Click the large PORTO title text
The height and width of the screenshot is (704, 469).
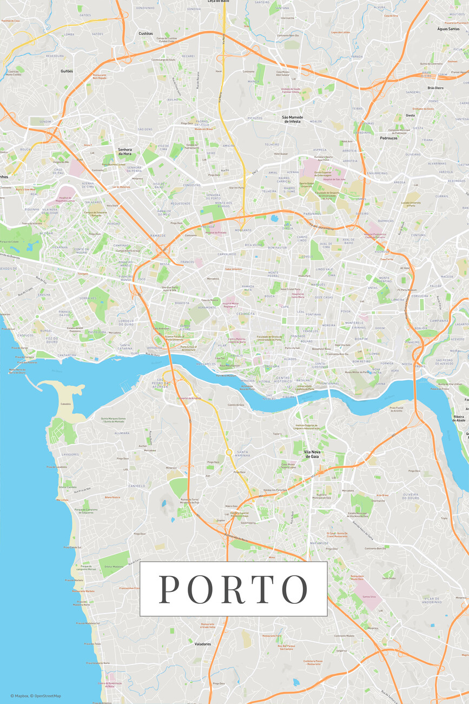[x=233, y=589]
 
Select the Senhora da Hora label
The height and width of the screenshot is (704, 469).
[x=125, y=152]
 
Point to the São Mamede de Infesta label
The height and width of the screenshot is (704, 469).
[x=292, y=119]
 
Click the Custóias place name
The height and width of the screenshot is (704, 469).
[x=146, y=34]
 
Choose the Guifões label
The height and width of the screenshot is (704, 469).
[x=67, y=71]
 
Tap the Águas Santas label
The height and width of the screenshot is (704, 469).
[x=448, y=29]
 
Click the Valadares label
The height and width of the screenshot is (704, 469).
[x=202, y=644]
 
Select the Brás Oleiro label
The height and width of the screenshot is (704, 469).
[x=435, y=88]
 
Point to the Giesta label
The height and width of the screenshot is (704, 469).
[x=410, y=115]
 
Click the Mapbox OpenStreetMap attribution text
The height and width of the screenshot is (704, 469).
[x=35, y=696]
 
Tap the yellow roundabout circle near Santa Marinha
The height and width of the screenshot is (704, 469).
[x=229, y=452]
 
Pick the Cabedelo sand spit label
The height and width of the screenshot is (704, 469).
[x=66, y=404]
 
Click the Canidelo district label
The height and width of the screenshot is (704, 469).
[x=136, y=486]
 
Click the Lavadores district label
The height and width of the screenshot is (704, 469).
[x=70, y=454]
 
